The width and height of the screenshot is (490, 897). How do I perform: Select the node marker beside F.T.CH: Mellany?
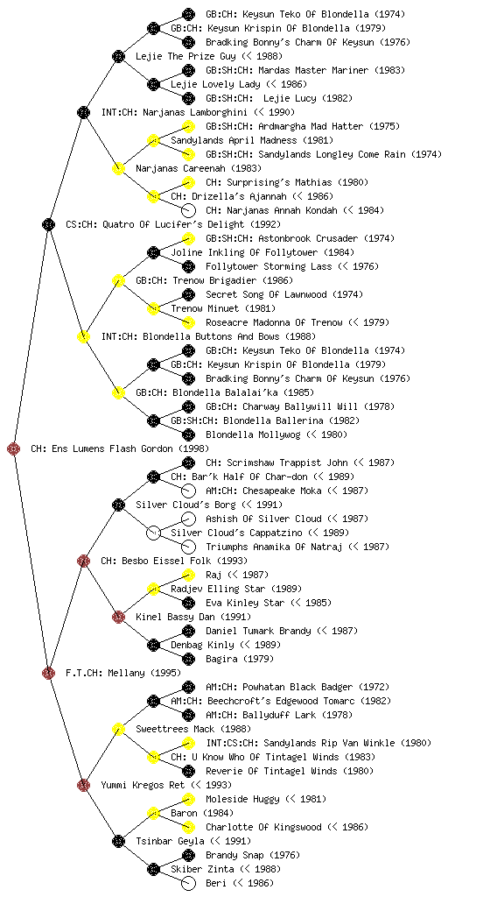[x=48, y=673]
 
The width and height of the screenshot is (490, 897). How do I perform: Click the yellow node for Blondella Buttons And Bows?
[x=83, y=336]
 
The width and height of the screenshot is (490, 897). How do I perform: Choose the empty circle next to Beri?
[x=188, y=883]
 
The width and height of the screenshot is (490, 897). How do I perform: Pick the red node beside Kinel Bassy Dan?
[x=118, y=617]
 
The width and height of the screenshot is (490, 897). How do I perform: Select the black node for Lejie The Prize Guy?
[x=118, y=56]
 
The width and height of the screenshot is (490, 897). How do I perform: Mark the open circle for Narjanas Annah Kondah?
[x=188, y=210]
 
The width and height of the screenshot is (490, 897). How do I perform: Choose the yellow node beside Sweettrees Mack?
[x=118, y=729]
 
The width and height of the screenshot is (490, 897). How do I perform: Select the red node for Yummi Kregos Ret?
[x=83, y=785]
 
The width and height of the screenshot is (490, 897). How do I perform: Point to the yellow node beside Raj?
[x=188, y=575]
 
